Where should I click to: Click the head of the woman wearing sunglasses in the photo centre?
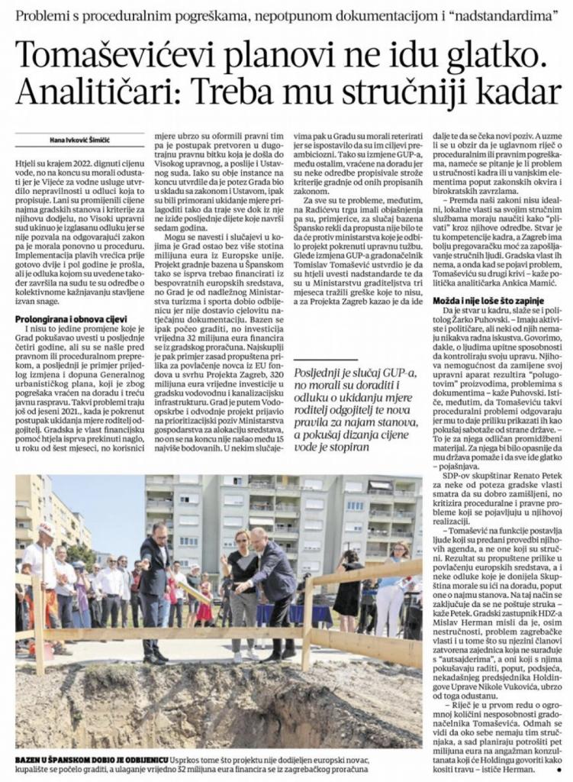coord(243,538)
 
